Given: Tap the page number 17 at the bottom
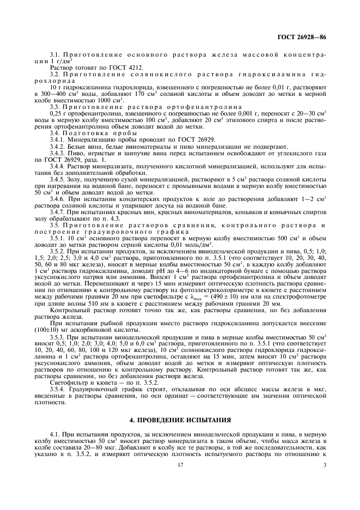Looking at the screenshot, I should tap(180, 465).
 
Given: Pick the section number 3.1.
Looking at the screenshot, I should tap(54, 56).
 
